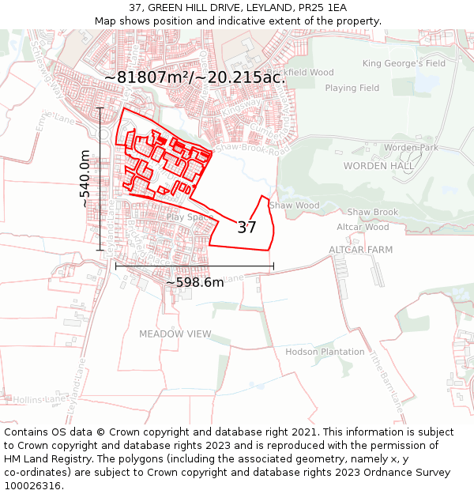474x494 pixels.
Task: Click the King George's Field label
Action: coord(404,63)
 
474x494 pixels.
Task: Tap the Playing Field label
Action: coord(352,89)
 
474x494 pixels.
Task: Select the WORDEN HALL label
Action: coord(378,166)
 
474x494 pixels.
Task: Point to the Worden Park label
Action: coord(410,148)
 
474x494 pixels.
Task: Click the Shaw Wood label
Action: coord(295,206)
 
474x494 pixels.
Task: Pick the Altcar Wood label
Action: coord(363,227)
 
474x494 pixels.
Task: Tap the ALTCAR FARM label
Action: coord(360,250)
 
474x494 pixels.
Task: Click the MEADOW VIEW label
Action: coord(175,334)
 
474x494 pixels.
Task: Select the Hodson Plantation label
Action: coord(325,352)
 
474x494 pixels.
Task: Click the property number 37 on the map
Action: coord(247,228)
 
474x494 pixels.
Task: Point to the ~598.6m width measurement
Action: coord(194,282)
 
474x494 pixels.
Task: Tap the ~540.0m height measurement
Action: coord(85,180)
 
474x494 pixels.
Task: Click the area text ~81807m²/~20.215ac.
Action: coord(195,77)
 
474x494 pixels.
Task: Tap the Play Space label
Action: coord(190,217)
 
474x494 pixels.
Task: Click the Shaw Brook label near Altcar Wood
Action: coord(373,213)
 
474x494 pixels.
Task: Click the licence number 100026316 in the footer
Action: coord(33,486)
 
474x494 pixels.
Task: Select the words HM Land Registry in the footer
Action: coord(44,459)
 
